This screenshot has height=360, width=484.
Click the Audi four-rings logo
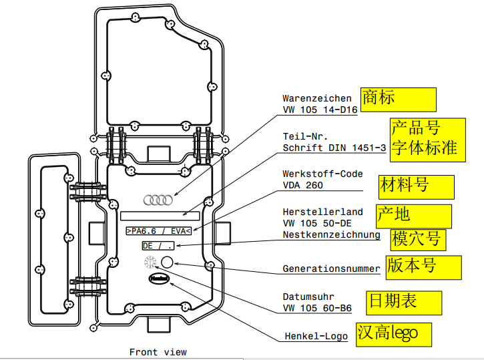[158, 200]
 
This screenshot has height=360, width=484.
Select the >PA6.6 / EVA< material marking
[158, 231]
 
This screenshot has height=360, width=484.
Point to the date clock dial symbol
[150, 262]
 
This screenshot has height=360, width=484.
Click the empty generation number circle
[167, 262]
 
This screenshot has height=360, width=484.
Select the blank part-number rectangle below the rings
[160, 216]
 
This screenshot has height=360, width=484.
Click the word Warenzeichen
[316, 98]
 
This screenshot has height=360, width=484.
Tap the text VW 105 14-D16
[320, 110]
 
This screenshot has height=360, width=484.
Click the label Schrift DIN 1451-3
[334, 148]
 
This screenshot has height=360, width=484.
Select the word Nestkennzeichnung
[331, 234]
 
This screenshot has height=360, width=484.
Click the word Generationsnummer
[331, 269]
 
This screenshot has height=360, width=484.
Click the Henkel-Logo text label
[315, 336]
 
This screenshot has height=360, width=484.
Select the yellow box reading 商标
[398, 99]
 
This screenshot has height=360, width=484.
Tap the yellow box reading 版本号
[423, 266]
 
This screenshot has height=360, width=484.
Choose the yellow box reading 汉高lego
[393, 333]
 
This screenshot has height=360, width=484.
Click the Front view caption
[158, 352]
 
